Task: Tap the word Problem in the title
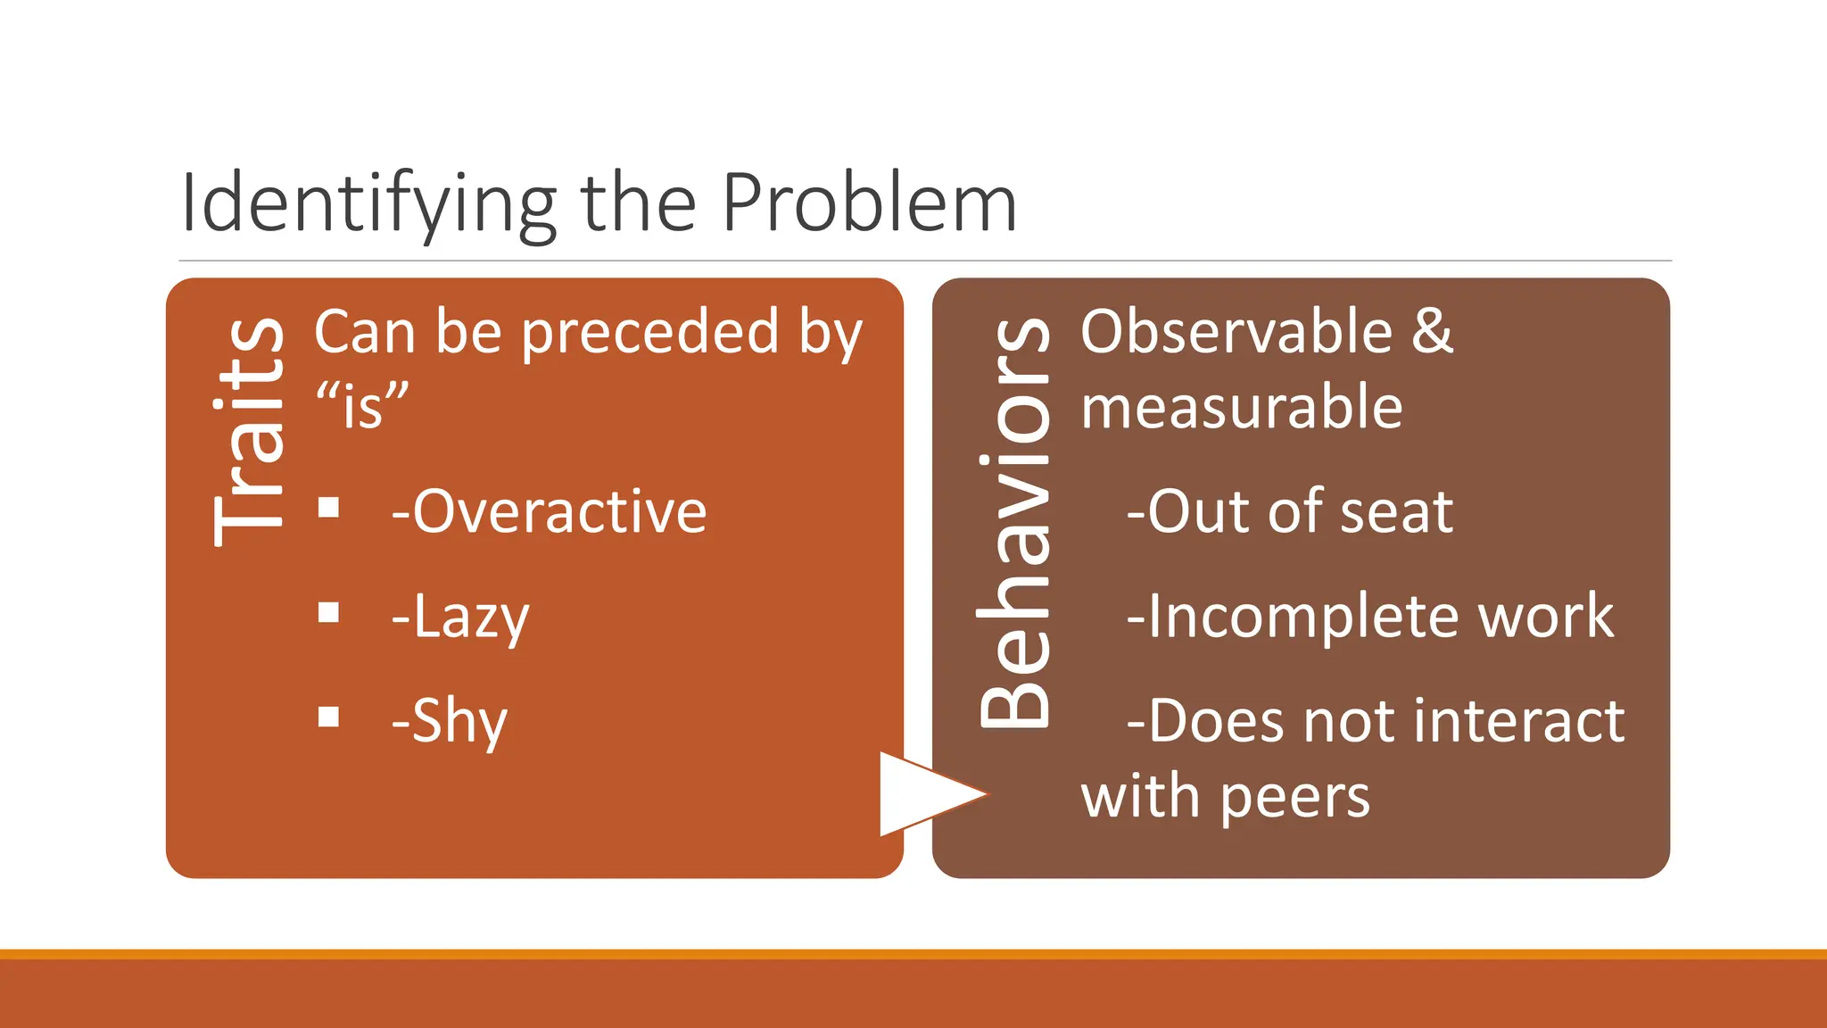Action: pos(869,203)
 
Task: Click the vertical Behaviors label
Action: pos(1014,523)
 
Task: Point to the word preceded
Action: pos(649,332)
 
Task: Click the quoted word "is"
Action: pos(362,406)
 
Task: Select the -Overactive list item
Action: pos(549,512)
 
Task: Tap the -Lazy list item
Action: pos(460,618)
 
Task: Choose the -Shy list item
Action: pos(449,721)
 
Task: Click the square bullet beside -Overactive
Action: pos(329,509)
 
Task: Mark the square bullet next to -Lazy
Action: pos(329,613)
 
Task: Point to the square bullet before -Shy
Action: pos(329,717)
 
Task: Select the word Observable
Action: pos(1236,332)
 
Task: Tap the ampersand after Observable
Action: pos(1433,332)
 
